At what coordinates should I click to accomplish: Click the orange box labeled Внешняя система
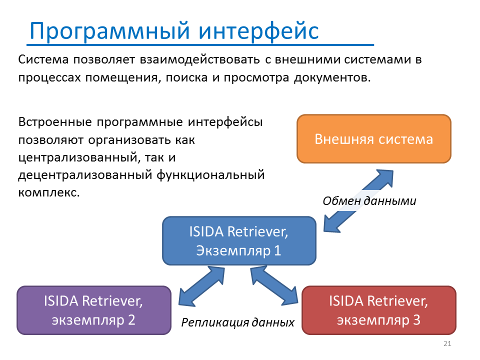374,138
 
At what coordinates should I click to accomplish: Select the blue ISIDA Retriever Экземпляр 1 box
239,241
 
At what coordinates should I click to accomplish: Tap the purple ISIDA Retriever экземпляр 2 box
94,310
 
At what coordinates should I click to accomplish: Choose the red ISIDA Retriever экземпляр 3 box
379,310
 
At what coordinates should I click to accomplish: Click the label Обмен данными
369,201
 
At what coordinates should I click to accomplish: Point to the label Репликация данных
237,322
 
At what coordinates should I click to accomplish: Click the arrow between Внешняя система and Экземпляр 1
358,201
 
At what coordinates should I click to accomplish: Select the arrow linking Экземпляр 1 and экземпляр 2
201,286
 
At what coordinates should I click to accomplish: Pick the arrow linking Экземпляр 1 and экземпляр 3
274,285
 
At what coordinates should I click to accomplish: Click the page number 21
447,343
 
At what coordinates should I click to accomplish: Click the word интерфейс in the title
258,30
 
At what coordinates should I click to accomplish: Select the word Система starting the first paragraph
43,59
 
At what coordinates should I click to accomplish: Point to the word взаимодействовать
200,59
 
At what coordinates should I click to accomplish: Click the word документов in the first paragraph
332,78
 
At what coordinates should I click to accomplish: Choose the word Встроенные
55,122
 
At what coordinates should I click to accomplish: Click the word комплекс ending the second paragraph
49,192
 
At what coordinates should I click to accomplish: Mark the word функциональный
210,175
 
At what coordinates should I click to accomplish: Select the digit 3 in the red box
416,320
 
